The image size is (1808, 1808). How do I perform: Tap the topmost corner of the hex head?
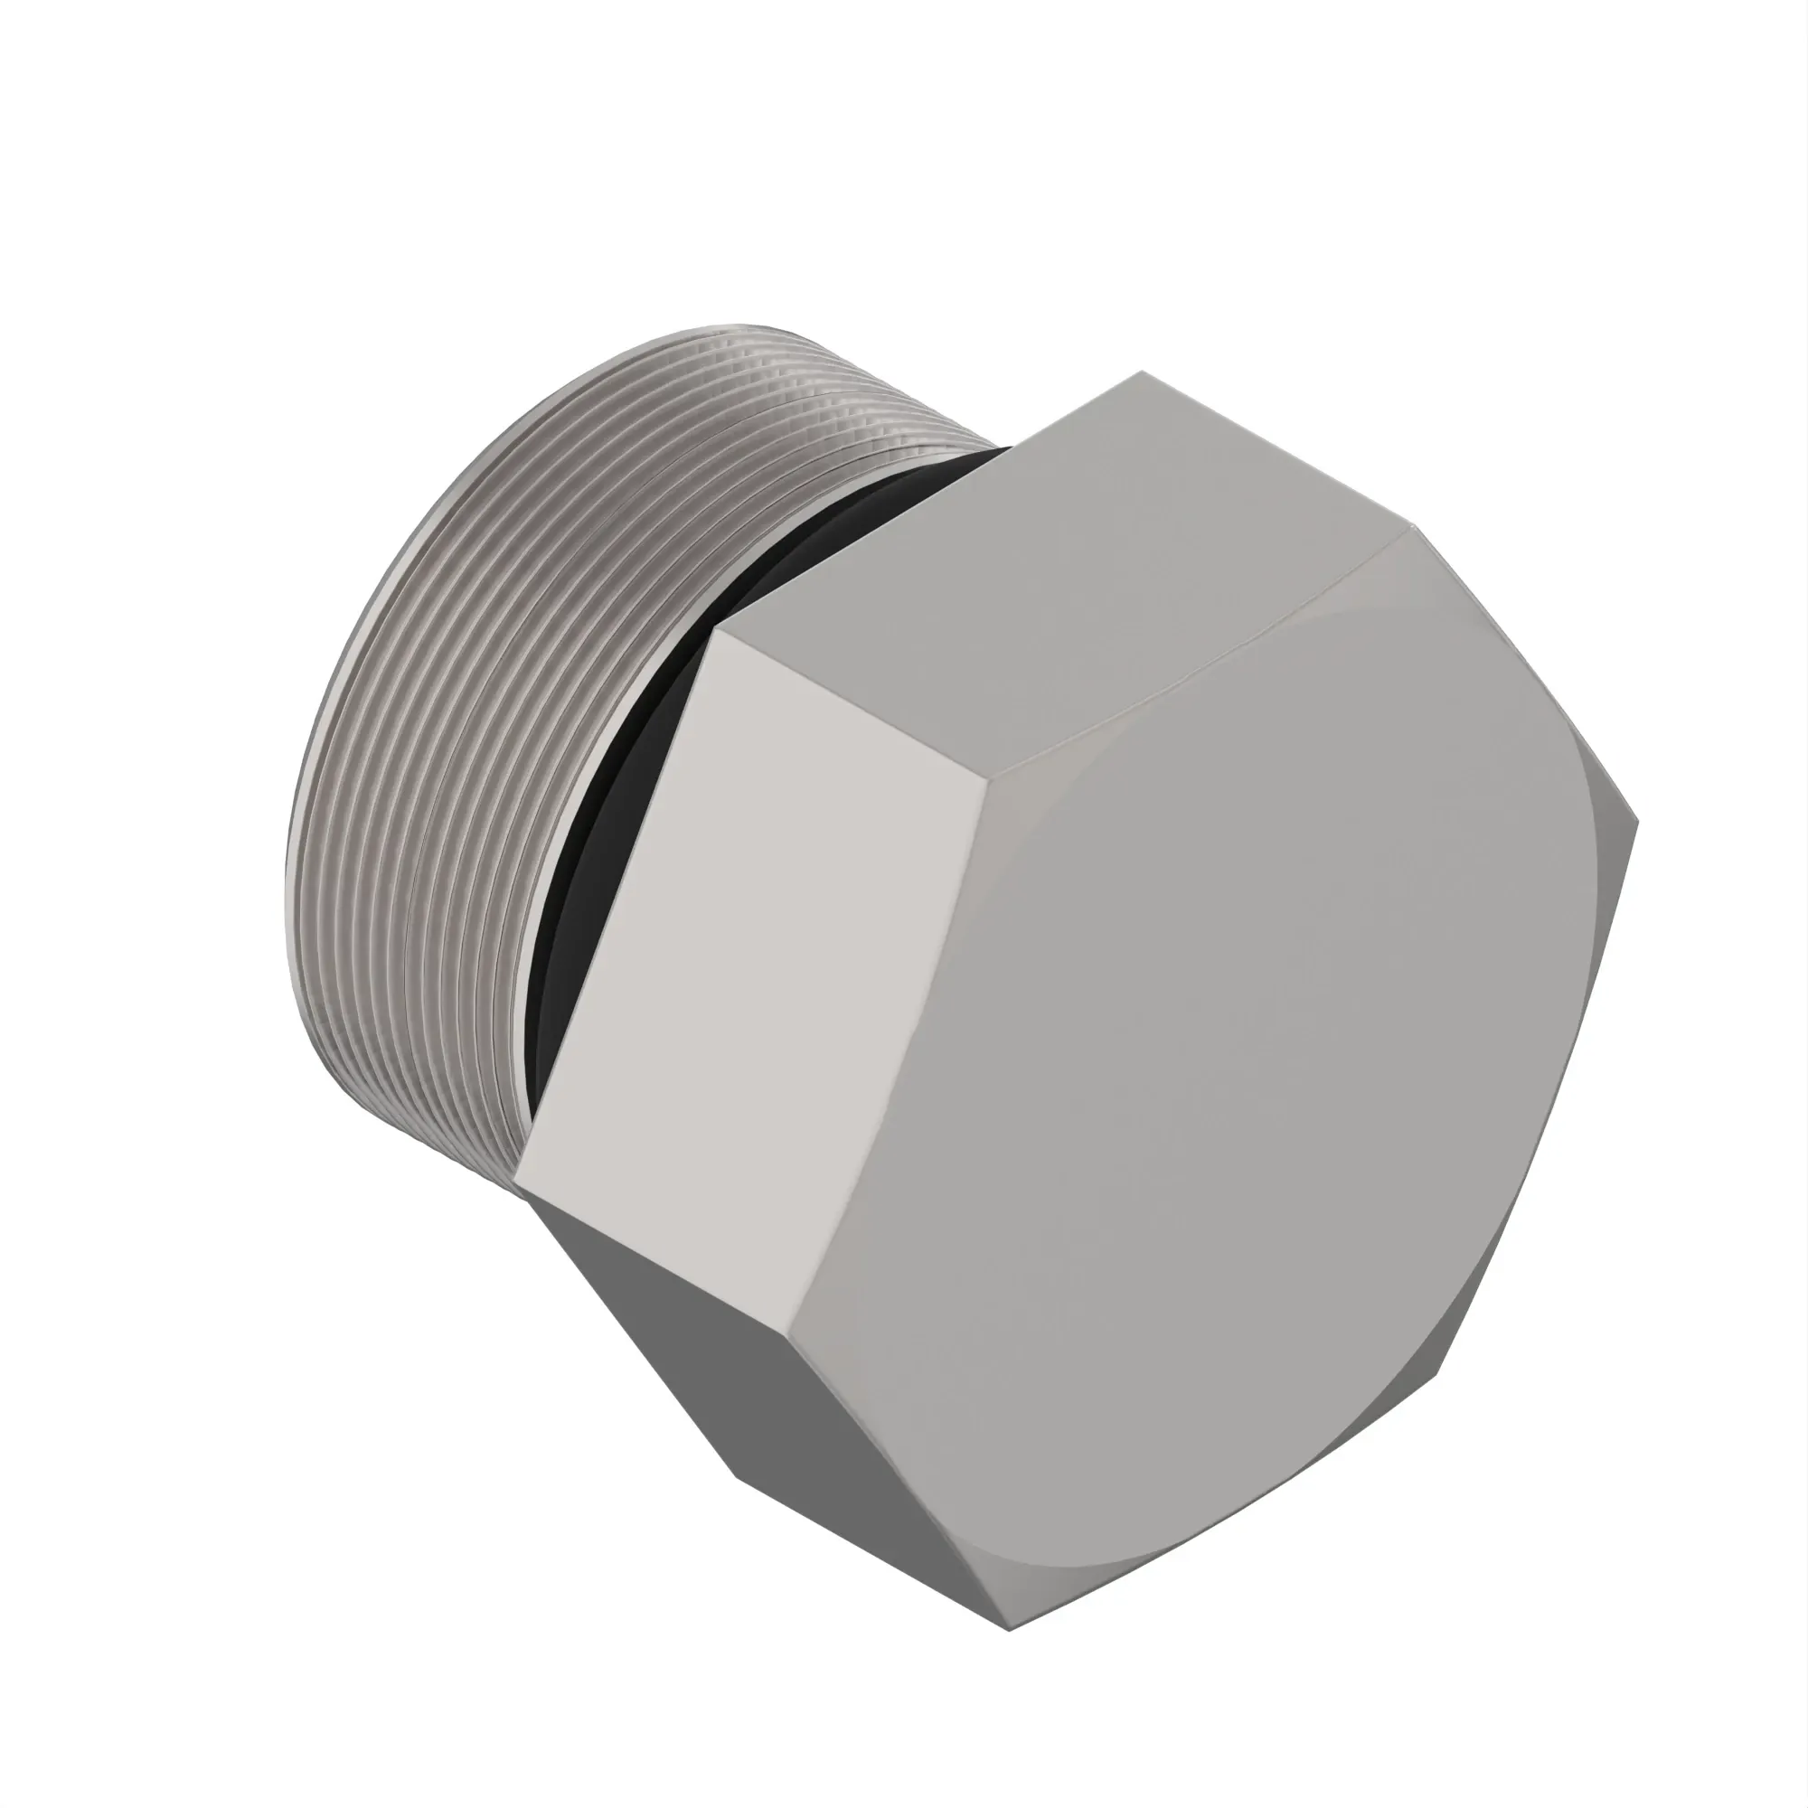pos(1143,372)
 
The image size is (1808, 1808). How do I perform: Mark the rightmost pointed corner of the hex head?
pos(1638,822)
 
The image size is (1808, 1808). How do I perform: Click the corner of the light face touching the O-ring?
pos(715,629)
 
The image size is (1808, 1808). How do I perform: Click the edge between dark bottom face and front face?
pos(899,1507)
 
